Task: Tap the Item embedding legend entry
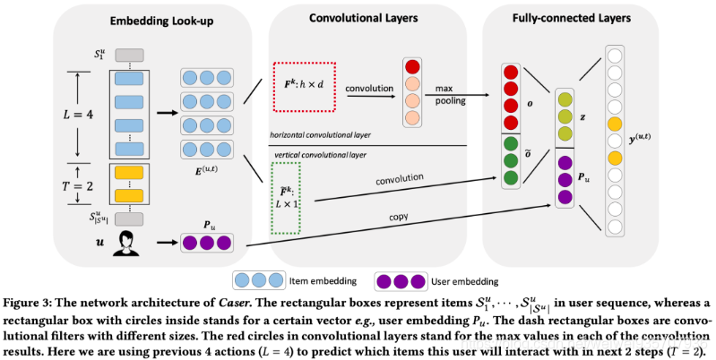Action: (305, 279)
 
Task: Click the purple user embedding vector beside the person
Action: (212, 243)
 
